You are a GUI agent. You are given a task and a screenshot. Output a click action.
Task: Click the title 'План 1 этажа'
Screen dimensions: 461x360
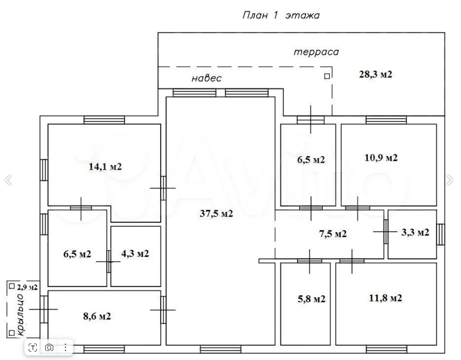point(281,15)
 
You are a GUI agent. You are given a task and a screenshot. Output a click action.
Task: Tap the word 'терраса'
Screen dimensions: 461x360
point(316,52)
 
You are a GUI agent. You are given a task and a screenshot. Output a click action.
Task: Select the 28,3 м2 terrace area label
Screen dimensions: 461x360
point(376,74)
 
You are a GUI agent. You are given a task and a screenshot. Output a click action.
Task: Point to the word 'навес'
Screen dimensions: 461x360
point(207,78)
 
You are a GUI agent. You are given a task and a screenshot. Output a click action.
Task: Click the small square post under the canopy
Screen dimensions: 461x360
point(327,76)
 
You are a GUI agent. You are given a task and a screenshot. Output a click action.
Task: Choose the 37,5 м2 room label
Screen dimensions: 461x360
point(216,213)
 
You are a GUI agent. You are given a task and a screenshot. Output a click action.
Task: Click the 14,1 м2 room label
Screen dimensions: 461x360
point(105,167)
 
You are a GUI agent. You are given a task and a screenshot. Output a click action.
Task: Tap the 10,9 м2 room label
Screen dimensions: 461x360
point(381,158)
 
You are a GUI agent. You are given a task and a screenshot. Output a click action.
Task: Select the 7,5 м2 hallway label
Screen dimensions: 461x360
point(333,234)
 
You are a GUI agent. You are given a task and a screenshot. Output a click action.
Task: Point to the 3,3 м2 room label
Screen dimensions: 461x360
point(415,232)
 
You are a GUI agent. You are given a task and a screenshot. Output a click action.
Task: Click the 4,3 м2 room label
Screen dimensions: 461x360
point(135,253)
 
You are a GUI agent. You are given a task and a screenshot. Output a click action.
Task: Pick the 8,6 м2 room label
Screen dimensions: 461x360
point(97,316)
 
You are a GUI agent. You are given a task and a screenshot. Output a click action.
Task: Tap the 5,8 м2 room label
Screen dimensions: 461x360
point(311,299)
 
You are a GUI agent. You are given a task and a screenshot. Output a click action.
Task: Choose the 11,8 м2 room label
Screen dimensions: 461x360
point(385,298)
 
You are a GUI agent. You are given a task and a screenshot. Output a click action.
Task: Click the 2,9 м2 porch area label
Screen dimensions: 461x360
point(27,287)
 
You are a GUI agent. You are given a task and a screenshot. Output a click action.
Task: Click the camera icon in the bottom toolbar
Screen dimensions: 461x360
point(49,348)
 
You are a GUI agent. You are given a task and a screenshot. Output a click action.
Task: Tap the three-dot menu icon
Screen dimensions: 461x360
point(65,348)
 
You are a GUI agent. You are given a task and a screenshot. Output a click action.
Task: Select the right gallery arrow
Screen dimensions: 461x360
point(450,180)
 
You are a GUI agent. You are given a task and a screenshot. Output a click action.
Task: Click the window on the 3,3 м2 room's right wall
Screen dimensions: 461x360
point(440,234)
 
